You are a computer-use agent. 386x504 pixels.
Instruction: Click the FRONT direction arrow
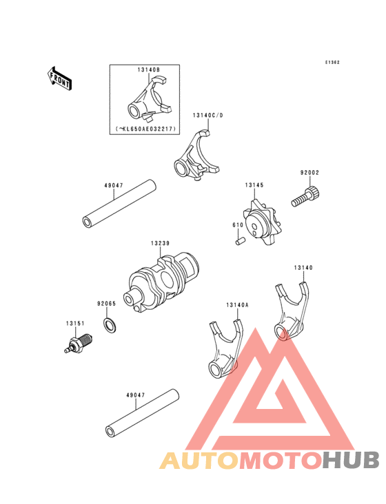tap(59, 78)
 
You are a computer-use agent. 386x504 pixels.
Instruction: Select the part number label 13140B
tap(149, 70)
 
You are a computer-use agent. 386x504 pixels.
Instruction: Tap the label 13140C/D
tap(207, 116)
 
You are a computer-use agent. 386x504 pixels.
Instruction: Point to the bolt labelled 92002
tap(305, 196)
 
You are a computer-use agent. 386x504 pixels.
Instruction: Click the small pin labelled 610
tap(241, 241)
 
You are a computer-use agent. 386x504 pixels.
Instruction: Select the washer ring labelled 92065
tap(110, 325)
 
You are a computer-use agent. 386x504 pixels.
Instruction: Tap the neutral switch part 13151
tap(79, 344)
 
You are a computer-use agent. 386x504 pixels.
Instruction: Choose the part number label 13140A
tap(237, 305)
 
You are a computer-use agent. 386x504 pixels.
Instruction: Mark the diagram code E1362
tap(332, 63)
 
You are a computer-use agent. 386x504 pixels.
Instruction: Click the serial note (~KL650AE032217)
tap(145, 129)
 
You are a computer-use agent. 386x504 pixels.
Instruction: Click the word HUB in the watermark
tap(352, 460)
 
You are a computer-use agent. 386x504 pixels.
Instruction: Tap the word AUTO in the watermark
tap(199, 461)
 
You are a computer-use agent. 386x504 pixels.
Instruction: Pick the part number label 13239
tap(160, 243)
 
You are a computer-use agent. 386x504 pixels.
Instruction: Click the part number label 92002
tap(309, 173)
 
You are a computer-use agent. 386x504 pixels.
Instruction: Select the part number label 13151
tap(75, 324)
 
